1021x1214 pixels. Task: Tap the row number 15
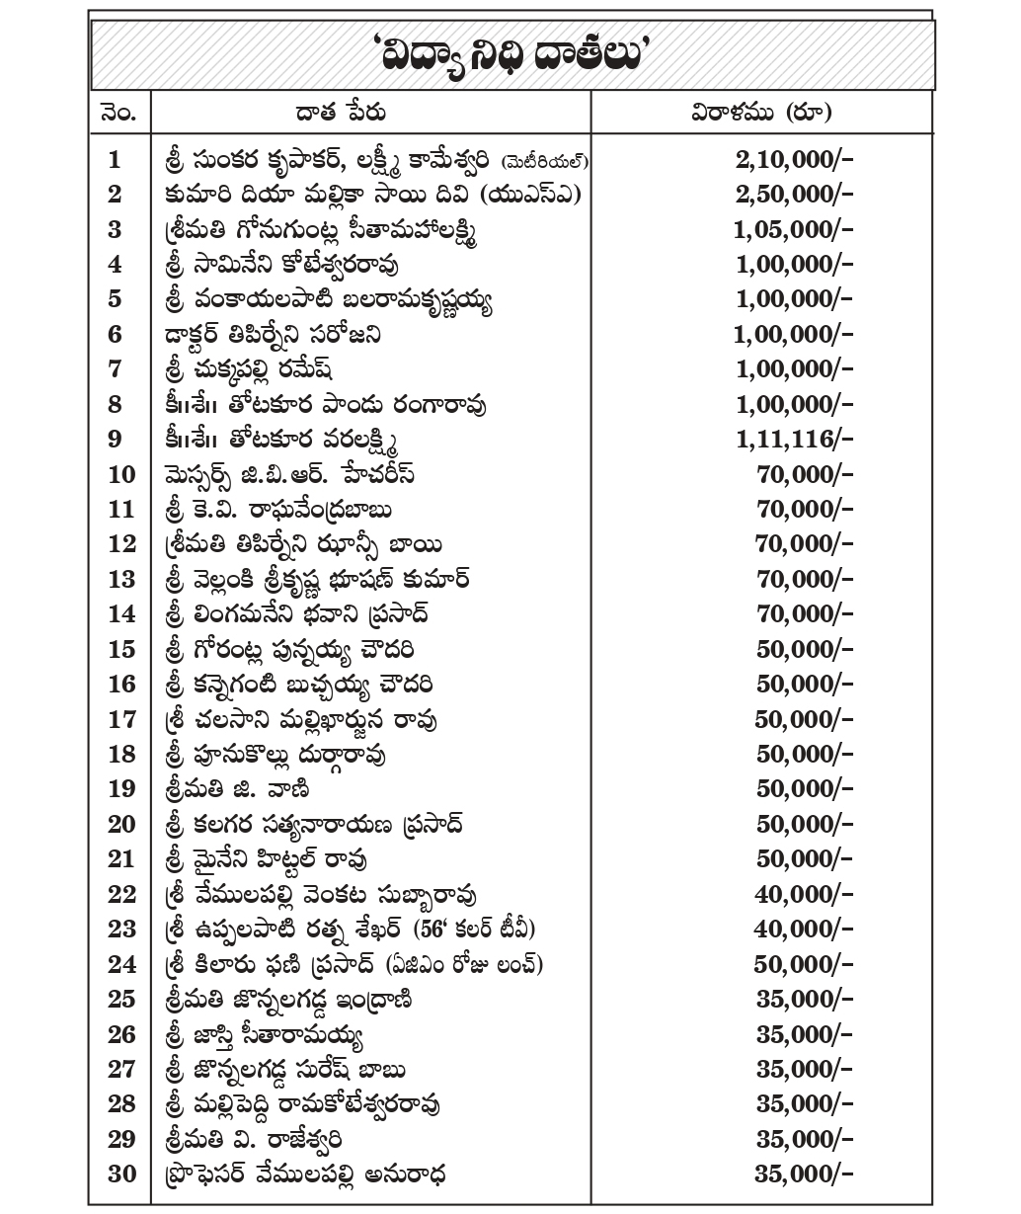(121, 649)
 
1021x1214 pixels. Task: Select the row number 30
(121, 1174)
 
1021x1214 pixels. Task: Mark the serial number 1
(115, 159)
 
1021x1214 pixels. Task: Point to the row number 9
(115, 439)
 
